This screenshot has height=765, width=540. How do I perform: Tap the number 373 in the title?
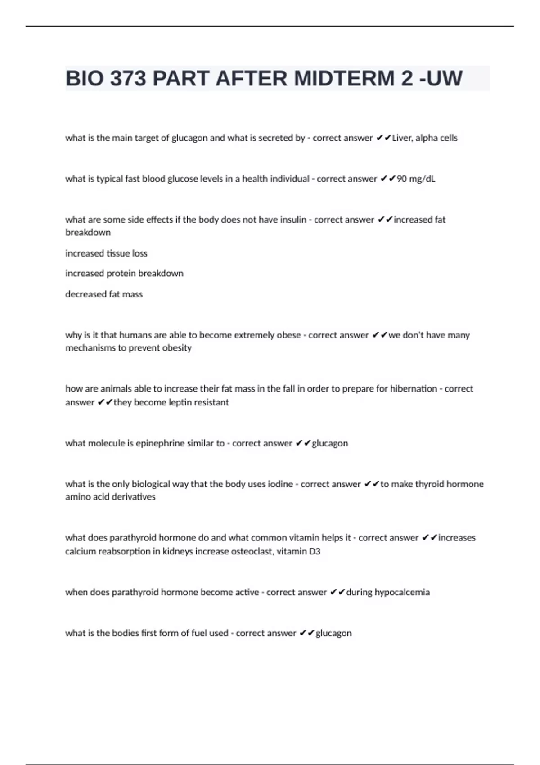[128, 79]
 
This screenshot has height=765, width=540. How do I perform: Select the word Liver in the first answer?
[402, 138]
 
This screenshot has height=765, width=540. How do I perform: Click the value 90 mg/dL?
[416, 179]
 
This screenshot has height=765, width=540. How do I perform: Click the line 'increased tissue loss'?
[106, 253]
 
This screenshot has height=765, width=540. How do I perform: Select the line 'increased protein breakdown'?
[124, 274]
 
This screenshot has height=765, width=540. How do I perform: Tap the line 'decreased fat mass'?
[104, 294]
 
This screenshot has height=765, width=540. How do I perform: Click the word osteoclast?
[252, 551]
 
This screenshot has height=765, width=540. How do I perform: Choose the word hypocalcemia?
[402, 592]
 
